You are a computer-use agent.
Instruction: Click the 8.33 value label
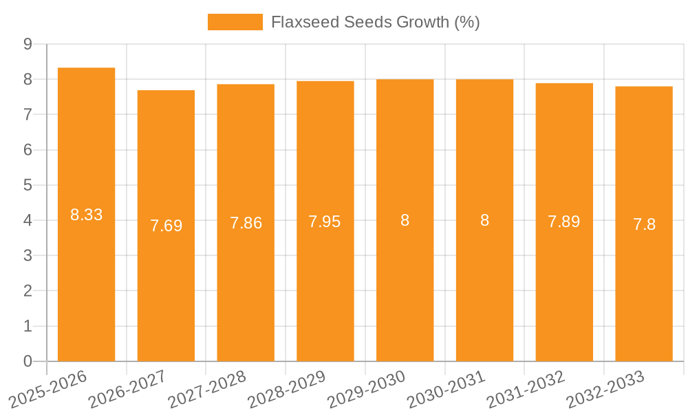click(x=86, y=215)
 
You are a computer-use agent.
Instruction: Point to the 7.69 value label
click(x=166, y=226)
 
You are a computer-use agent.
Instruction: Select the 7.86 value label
click(x=246, y=223)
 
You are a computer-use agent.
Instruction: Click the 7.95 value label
click(x=325, y=222)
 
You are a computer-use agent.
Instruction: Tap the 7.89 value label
click(x=564, y=222)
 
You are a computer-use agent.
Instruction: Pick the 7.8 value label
click(x=644, y=224)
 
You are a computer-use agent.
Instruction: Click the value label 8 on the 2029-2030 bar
click(x=405, y=220)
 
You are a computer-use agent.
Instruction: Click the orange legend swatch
click(x=235, y=22)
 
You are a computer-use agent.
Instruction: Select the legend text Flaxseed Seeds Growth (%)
click(x=375, y=22)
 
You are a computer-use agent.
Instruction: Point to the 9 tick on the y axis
click(x=28, y=44)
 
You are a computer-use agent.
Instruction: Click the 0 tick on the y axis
click(x=28, y=361)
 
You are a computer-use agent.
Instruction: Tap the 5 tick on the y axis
click(x=28, y=185)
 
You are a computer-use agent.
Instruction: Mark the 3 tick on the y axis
click(x=28, y=255)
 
